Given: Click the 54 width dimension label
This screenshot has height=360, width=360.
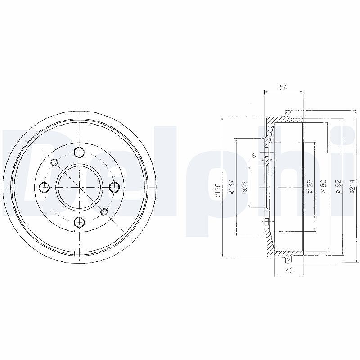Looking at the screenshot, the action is (283, 87).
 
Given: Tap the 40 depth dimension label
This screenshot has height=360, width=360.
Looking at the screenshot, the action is (289, 270).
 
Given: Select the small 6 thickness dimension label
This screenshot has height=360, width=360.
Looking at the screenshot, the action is (254, 156).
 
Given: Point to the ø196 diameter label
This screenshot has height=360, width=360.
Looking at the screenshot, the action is (218, 190).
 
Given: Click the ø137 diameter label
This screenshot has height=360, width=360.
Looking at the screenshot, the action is (232, 187).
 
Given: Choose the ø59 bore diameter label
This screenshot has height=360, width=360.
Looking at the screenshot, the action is (245, 187).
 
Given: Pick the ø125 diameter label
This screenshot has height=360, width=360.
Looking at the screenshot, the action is (310, 186).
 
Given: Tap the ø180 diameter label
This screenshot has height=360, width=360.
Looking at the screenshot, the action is (324, 186).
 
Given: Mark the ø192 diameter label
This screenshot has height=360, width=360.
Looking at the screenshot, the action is (338, 186).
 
